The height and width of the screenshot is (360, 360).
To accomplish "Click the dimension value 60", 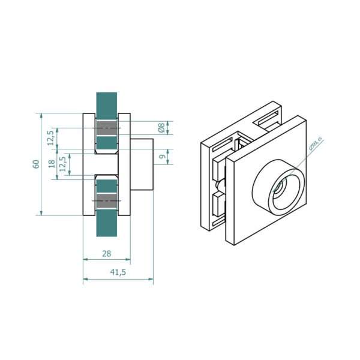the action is [36, 164].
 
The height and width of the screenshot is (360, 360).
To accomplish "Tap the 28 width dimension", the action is [107, 254].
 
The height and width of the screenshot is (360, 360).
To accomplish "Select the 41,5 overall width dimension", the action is [118, 272].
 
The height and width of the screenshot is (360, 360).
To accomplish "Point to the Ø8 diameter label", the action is [161, 128].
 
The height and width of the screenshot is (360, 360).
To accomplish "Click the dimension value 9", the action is [163, 157].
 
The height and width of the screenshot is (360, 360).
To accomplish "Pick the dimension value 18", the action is [52, 164].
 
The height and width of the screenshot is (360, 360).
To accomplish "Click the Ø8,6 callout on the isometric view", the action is [316, 143].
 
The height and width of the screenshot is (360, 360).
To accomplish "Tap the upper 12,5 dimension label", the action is [50, 138].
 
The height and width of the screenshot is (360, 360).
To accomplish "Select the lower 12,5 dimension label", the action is [62, 164].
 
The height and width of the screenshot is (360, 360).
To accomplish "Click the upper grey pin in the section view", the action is [107, 128].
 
